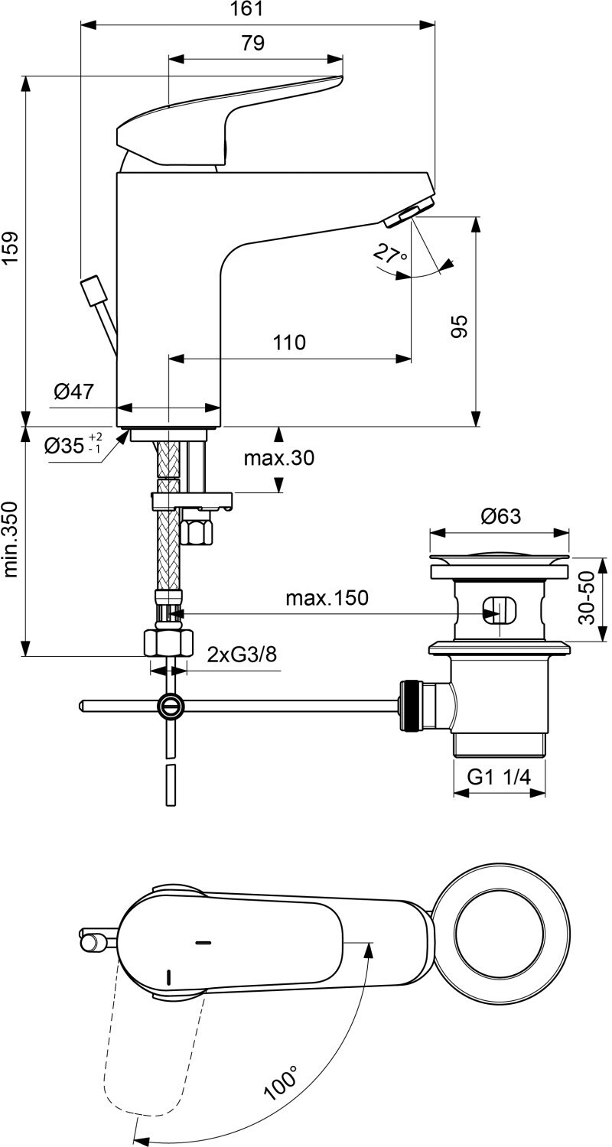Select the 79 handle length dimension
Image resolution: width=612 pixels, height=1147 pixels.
[x=252, y=43]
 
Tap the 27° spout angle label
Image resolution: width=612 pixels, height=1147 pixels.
[x=390, y=253]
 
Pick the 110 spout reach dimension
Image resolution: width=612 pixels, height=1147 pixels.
[x=289, y=343]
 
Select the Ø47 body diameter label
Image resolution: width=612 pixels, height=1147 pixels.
[x=73, y=392]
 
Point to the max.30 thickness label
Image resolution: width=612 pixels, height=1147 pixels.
[x=278, y=458]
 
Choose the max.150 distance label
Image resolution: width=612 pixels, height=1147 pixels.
[x=327, y=597]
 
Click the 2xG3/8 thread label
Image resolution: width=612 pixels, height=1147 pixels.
[x=242, y=655]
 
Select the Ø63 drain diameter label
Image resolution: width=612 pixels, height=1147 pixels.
[x=500, y=516]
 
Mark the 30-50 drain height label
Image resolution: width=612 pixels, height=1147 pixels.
[x=588, y=597]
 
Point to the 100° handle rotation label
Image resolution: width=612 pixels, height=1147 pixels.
[x=281, y=1075]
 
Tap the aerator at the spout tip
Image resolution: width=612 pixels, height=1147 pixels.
[x=408, y=215]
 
